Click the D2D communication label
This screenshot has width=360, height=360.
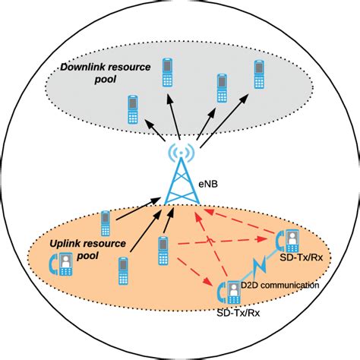coord(280,285)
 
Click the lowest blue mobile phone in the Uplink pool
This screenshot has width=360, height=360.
coord(122,270)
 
